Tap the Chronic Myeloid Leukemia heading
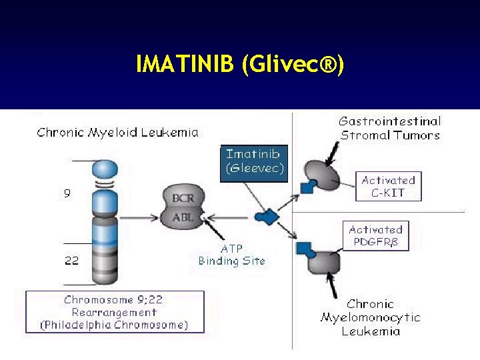point(117,132)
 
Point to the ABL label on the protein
point(183,217)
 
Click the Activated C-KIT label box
point(389,187)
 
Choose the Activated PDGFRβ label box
point(375,236)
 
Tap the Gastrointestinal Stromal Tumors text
point(390,128)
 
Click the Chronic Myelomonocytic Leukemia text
point(371,317)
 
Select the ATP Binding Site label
point(231,255)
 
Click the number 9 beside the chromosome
point(67,194)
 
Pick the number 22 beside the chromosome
point(71,261)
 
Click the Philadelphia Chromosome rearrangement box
point(115,311)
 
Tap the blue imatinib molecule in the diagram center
point(266,216)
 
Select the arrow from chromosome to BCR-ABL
point(141,216)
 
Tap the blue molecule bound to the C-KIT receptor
point(307,187)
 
